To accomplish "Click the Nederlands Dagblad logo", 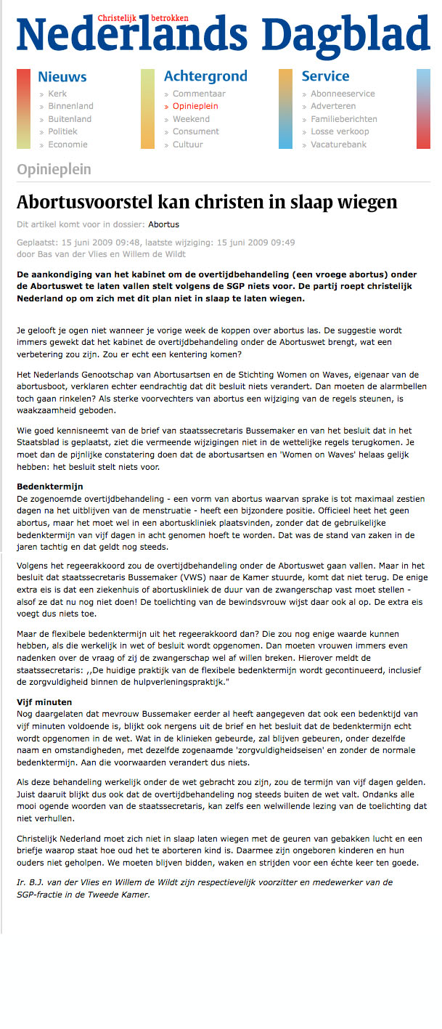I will coord(222,35).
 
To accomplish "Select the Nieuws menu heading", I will coord(62,76).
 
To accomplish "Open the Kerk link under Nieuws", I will coord(57,94).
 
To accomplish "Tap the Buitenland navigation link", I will coord(70,119).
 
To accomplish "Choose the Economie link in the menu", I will coord(67,145).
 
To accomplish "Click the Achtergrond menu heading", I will coord(205,76).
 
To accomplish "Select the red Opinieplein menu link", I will coord(195,106).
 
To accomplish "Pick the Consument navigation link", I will coord(195,131).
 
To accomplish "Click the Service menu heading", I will coord(325,76).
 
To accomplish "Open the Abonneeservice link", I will coord(343,94).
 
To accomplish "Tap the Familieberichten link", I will coord(344,119).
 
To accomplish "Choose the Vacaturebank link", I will coord(338,145).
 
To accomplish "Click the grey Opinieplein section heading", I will coord(54,170).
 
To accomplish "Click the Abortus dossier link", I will coord(164,224).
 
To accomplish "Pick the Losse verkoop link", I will coord(340,131).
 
